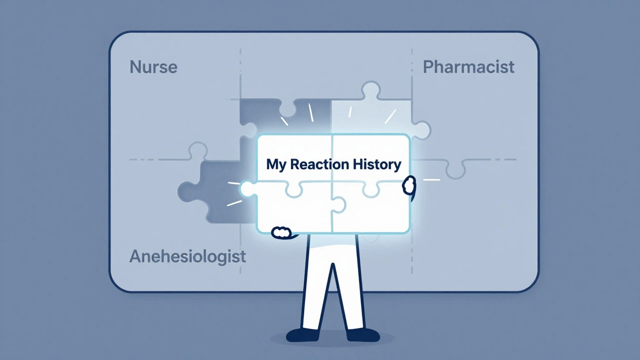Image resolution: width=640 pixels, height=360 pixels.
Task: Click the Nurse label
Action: coord(153,67)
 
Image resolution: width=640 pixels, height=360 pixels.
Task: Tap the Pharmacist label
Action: coord(468,67)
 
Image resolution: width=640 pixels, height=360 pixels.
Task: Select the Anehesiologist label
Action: coord(187,256)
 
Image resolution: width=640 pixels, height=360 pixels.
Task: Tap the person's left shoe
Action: coord(303,335)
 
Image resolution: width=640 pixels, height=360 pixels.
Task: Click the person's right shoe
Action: coord(363,335)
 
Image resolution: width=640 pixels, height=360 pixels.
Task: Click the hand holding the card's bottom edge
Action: coord(281,232)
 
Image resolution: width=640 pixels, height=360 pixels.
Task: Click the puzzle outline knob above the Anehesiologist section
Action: coord(197,150)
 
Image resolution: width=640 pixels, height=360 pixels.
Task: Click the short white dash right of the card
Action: coord(431,179)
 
